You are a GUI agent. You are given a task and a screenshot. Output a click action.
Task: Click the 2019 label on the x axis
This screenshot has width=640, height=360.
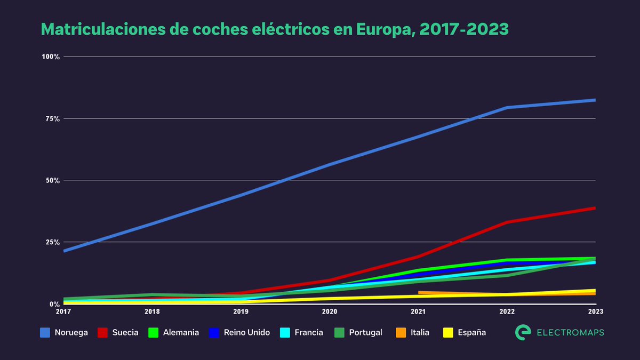241,311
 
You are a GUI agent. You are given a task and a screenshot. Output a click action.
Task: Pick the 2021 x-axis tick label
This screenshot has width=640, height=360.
418,311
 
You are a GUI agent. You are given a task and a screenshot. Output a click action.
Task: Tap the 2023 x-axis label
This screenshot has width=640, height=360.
595,311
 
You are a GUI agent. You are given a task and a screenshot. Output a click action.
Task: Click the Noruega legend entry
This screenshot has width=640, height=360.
64,332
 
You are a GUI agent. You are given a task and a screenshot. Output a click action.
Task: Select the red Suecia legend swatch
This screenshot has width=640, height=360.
103,332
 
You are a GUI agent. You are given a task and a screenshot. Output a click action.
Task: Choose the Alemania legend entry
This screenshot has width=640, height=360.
174,332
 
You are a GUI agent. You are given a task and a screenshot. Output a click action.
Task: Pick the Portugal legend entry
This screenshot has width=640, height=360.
359,332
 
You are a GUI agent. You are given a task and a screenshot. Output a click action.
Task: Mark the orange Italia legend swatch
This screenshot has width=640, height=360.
401,332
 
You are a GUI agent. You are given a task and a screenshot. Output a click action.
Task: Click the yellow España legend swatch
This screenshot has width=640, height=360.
449,332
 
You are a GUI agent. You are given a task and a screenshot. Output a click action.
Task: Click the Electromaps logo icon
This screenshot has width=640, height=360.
523,332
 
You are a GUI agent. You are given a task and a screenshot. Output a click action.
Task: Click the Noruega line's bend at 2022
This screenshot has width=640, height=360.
507,108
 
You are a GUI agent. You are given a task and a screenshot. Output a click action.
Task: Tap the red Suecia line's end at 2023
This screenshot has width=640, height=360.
595,208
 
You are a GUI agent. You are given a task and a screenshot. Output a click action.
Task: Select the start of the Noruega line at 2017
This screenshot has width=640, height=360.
64,251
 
